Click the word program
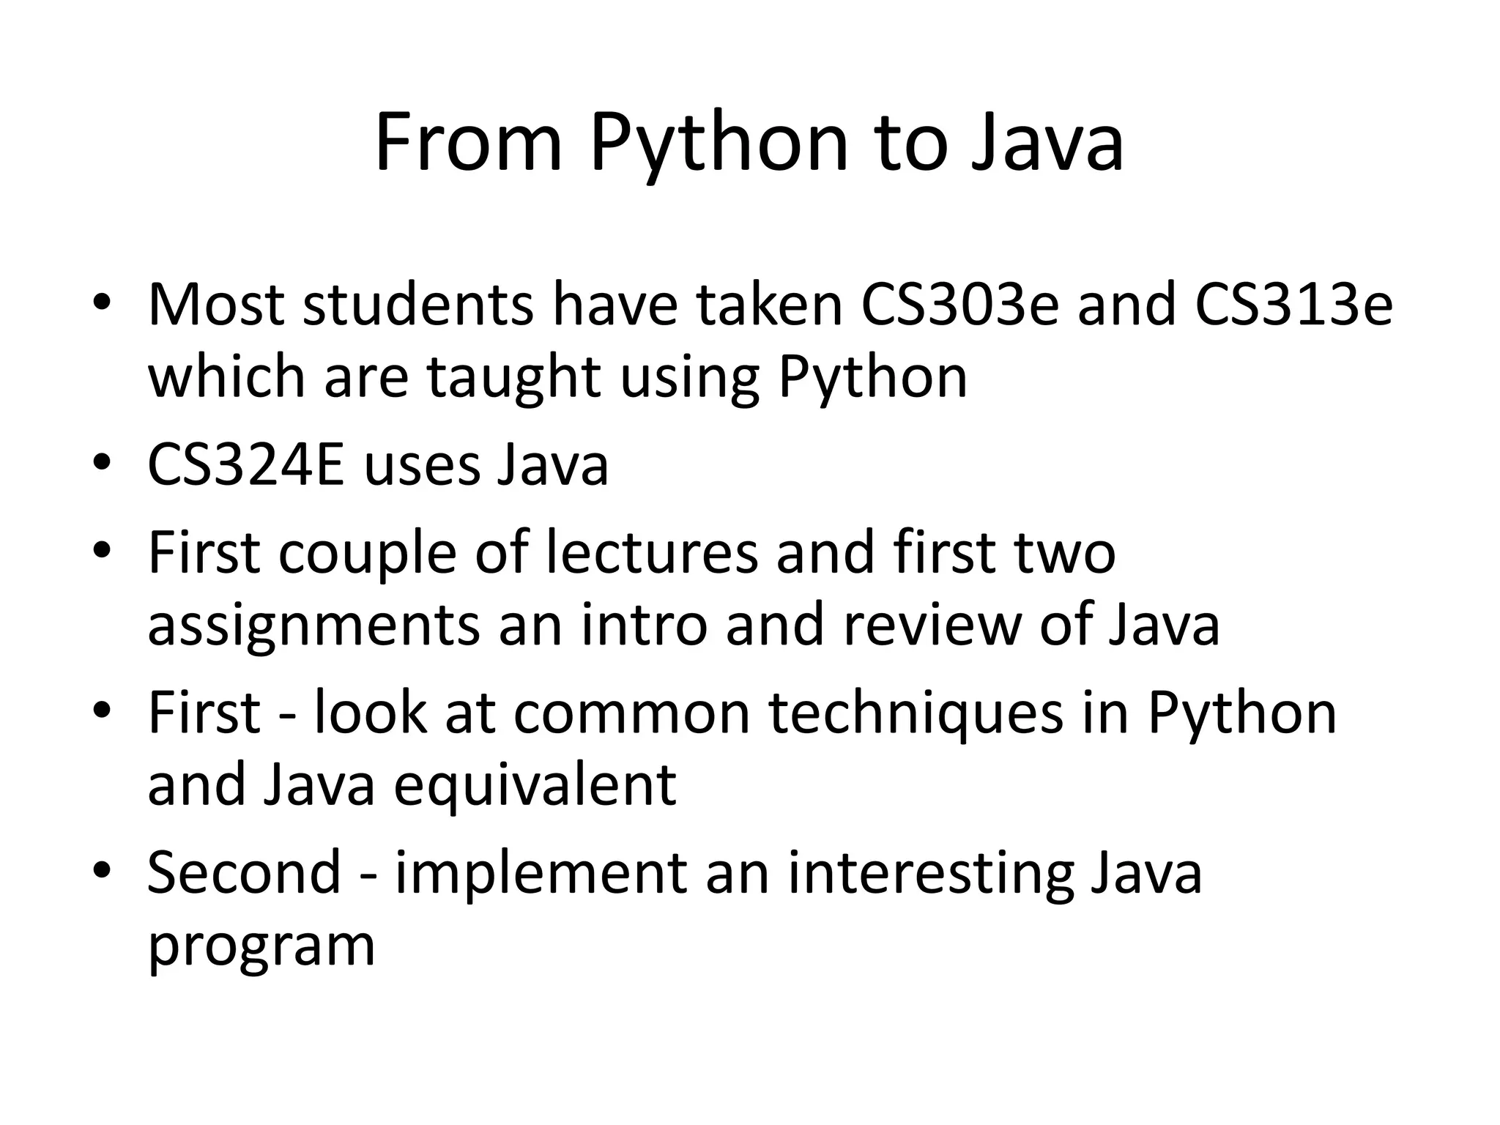(261, 946)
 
